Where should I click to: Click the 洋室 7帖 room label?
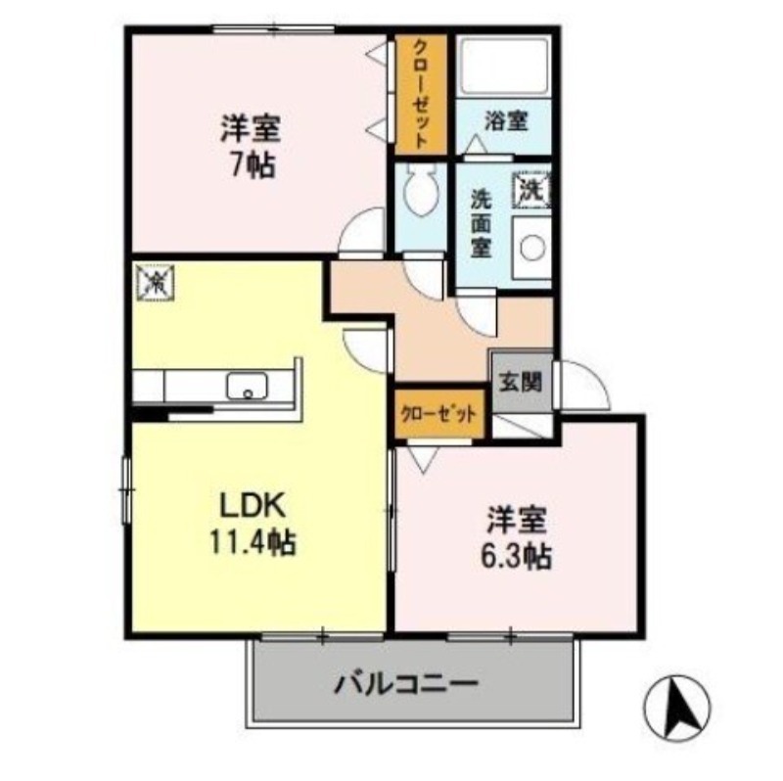click(x=253, y=144)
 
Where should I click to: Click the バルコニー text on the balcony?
click(x=408, y=681)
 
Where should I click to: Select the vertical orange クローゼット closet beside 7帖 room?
click(x=420, y=95)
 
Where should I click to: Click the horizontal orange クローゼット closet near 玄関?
click(x=440, y=412)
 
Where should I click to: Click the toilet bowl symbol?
click(x=420, y=192)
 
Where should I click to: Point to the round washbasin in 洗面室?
click(x=532, y=248)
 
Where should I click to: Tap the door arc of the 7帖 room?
click(x=363, y=233)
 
